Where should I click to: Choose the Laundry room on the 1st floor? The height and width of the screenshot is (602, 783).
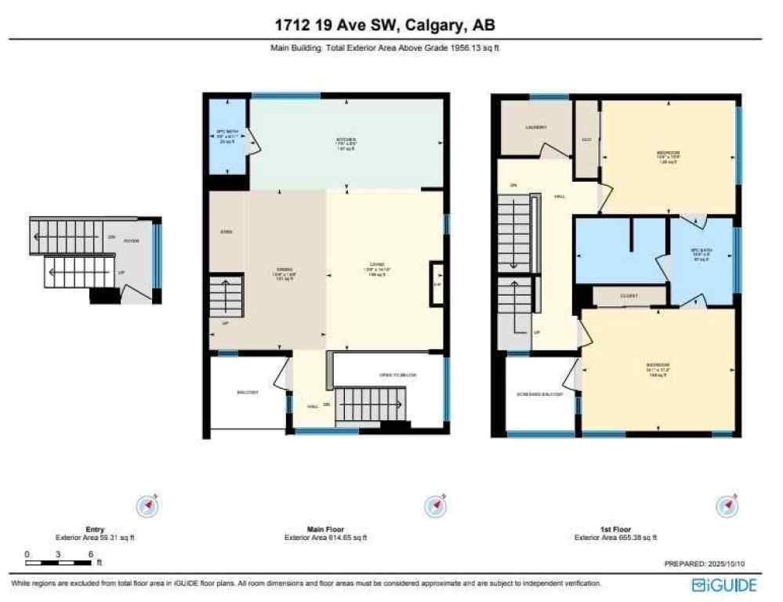click(536, 127)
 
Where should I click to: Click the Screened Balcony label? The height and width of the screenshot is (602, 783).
click(540, 394)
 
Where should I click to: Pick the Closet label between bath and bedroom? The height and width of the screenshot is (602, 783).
click(629, 296)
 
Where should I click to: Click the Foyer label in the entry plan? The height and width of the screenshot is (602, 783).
click(131, 241)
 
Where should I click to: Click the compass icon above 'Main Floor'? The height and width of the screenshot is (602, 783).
click(435, 506)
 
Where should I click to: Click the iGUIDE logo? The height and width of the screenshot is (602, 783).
click(725, 585)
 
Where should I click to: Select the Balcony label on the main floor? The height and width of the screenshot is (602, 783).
click(248, 392)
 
